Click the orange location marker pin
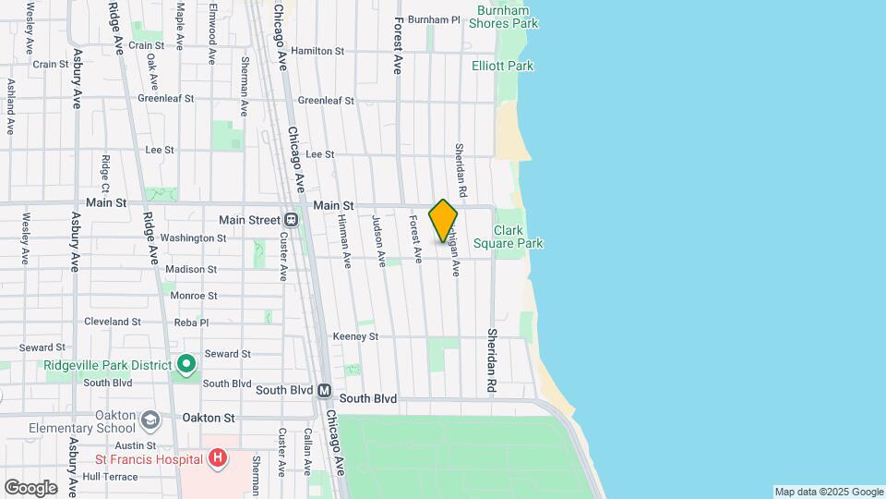(x=443, y=221)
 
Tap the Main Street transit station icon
(x=291, y=220)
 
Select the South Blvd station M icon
(x=325, y=391)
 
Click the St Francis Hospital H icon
(x=217, y=457)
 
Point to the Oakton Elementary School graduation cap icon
(x=149, y=420)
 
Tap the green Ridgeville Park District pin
(x=186, y=364)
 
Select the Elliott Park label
(x=502, y=67)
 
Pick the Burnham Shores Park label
(x=502, y=17)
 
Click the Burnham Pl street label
(x=434, y=19)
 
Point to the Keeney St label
(x=355, y=336)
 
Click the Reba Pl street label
(x=192, y=323)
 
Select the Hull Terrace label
(x=110, y=477)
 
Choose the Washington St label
(x=193, y=237)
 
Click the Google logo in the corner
(x=30, y=487)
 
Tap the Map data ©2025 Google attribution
(x=828, y=492)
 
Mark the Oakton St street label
(x=209, y=418)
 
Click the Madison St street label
(x=191, y=270)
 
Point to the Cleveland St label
(x=112, y=322)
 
